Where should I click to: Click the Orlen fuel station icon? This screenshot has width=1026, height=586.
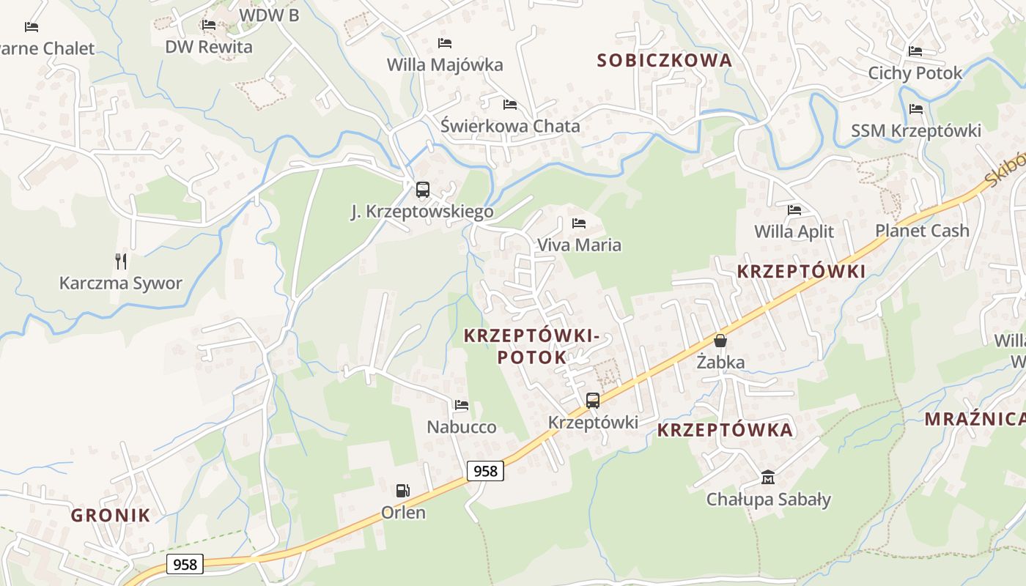(x=402, y=490)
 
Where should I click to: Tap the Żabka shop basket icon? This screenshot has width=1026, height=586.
(x=720, y=341)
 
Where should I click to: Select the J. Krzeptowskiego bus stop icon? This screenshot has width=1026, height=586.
(x=423, y=190)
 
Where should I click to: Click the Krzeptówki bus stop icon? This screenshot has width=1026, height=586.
(x=593, y=401)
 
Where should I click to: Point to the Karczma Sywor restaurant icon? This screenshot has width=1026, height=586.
(x=121, y=261)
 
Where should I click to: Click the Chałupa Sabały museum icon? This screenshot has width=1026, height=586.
(x=767, y=477)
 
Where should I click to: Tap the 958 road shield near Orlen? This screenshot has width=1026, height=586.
(x=485, y=470)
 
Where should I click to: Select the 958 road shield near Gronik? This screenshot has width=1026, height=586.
(x=185, y=563)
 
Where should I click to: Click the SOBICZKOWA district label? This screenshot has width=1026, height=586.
(x=664, y=61)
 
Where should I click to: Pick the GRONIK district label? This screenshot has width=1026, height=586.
(x=111, y=515)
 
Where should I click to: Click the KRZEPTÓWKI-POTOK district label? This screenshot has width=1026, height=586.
(x=532, y=346)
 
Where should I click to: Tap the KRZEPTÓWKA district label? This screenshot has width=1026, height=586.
(x=725, y=430)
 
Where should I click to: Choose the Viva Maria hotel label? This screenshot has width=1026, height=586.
(x=579, y=245)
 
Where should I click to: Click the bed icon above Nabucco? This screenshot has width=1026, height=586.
(x=461, y=404)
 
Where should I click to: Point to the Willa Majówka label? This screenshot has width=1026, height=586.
(x=445, y=64)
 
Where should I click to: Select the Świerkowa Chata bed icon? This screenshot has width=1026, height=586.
(x=510, y=104)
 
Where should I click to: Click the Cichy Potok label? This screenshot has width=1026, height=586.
(x=915, y=73)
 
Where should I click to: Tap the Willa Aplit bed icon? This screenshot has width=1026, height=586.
(x=794, y=210)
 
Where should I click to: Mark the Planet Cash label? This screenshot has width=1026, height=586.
(x=922, y=231)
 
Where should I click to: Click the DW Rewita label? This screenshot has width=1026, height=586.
(x=208, y=47)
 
